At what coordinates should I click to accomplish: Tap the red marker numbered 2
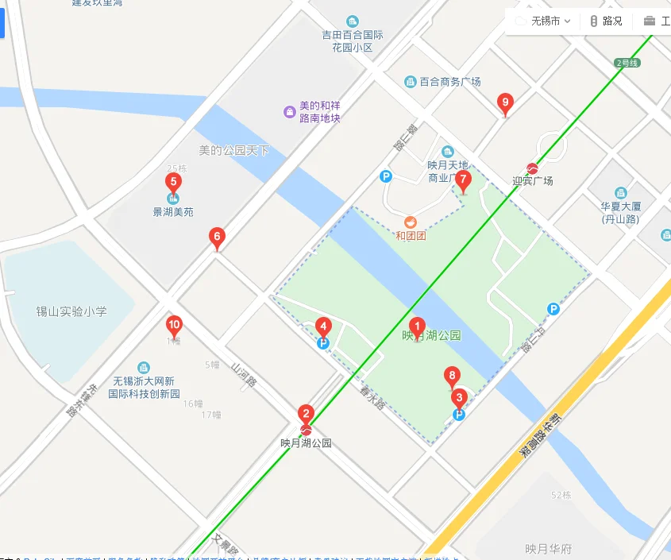[306, 413]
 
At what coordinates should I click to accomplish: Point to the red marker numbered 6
[216, 236]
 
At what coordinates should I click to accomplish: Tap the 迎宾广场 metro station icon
[533, 168]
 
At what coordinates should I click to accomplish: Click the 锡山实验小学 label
[71, 311]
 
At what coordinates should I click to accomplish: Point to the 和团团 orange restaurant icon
[411, 222]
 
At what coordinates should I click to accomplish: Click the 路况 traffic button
[606, 21]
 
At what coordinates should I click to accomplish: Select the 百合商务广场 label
[449, 82]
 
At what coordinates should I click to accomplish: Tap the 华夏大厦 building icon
[620, 193]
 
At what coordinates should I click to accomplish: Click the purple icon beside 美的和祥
[290, 111]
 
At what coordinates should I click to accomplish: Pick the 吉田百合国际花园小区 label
[353, 41]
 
